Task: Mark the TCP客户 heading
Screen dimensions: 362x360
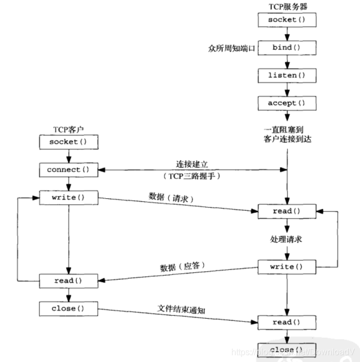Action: [x=68, y=130]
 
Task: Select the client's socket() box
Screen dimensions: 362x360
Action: [x=68, y=142]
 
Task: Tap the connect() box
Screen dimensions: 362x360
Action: [x=68, y=170]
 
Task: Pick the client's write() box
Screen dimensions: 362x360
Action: [x=68, y=198]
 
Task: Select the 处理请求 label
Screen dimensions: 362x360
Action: [x=286, y=239]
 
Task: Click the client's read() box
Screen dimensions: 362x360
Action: [x=68, y=281]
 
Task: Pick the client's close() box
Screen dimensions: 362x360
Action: [x=68, y=309]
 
